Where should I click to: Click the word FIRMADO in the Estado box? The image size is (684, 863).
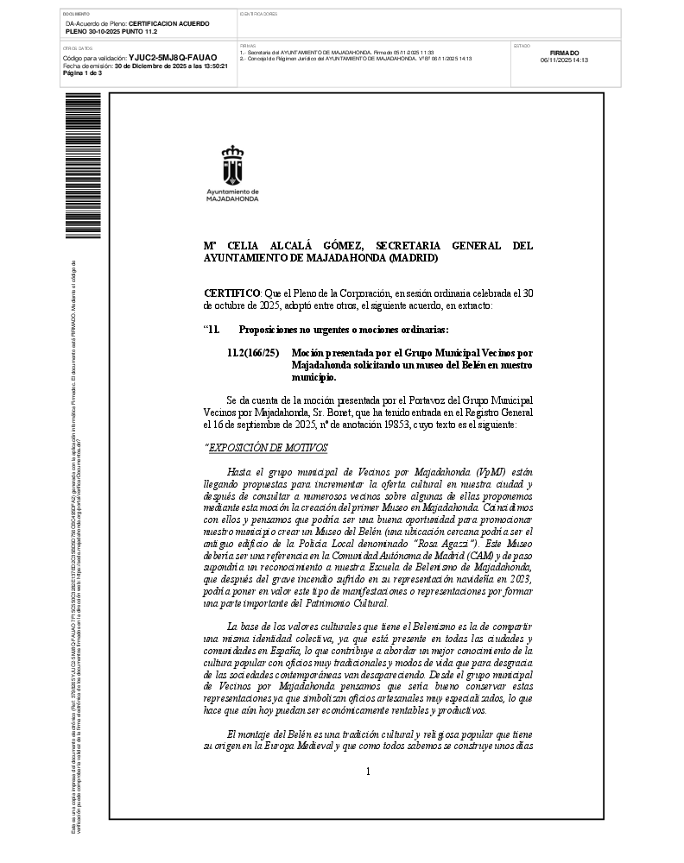[x=564, y=53]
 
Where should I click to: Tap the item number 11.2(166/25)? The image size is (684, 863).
[x=253, y=353]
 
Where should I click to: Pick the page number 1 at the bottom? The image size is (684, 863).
[x=368, y=772]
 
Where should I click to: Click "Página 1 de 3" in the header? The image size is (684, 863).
[x=83, y=73]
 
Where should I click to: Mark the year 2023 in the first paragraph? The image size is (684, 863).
[x=520, y=581]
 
